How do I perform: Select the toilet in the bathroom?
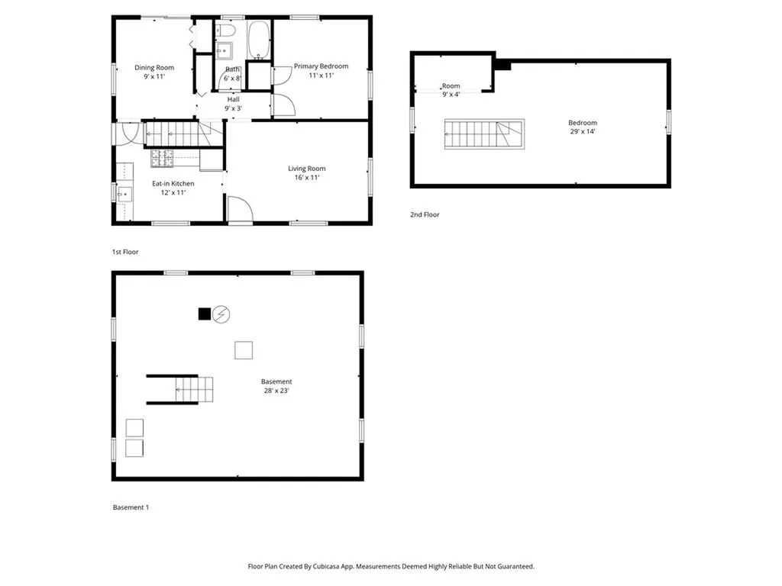click(225, 31)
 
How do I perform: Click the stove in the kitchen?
click(162, 159)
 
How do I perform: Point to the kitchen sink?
click(124, 192)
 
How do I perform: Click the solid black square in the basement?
click(204, 314)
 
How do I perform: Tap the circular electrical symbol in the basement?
click(221, 314)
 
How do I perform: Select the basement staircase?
click(192, 389)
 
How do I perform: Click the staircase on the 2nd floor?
click(484, 134)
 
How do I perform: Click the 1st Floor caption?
click(125, 252)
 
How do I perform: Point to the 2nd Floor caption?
click(425, 215)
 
